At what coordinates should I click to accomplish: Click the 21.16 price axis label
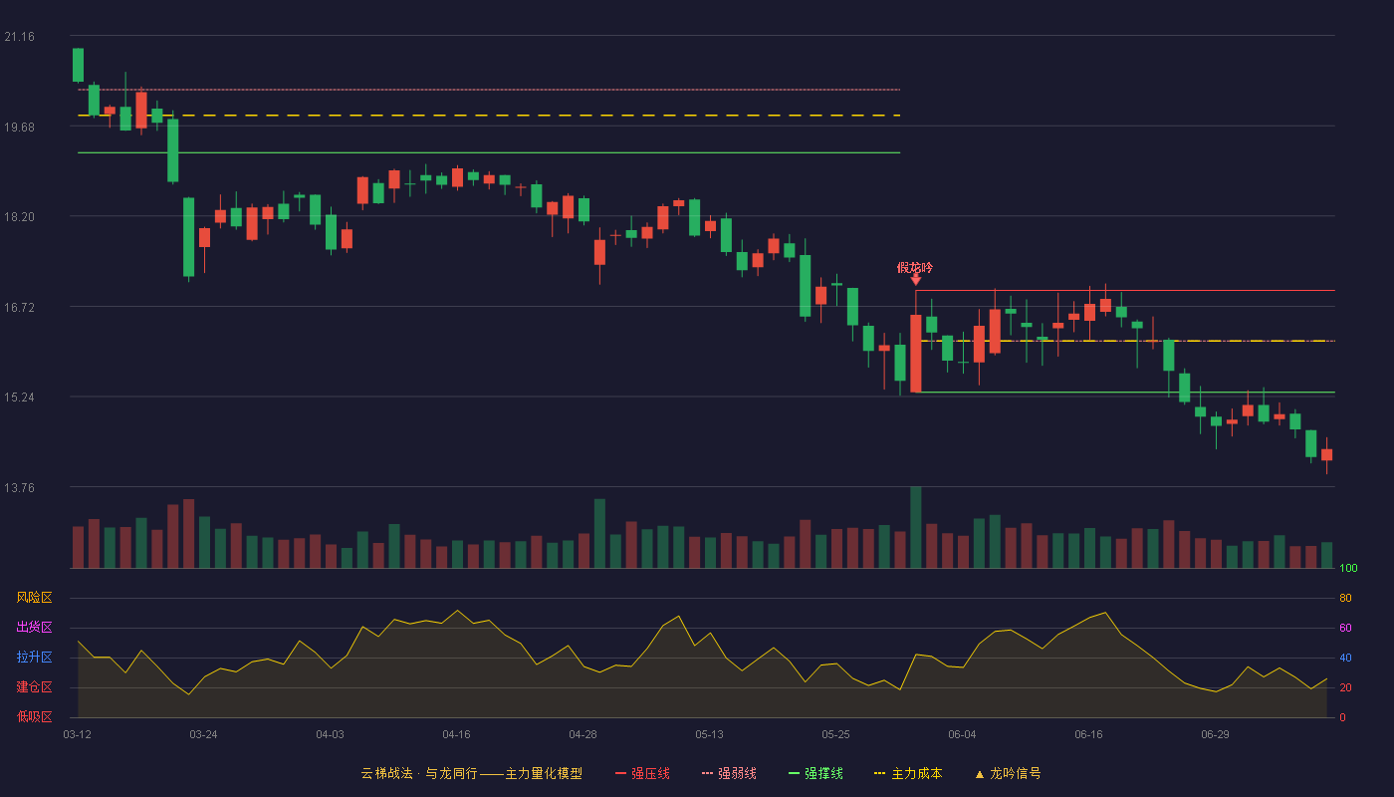click(19, 37)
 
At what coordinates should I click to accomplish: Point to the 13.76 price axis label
click(19, 487)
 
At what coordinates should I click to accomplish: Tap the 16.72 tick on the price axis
click(19, 308)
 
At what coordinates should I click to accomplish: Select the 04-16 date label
click(456, 735)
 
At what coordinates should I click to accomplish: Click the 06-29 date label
click(1216, 735)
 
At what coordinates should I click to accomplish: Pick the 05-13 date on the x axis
click(709, 735)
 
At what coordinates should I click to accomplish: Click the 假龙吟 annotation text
click(915, 268)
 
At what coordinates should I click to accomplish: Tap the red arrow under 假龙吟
click(915, 280)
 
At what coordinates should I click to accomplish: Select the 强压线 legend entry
click(642, 773)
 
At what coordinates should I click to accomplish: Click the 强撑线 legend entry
click(815, 773)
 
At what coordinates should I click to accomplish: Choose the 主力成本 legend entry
click(908, 773)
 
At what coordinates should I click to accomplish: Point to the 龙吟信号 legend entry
click(1008, 773)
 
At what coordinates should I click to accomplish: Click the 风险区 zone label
click(34, 598)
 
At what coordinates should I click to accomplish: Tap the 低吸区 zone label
click(34, 717)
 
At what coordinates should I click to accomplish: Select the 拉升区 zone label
click(34, 658)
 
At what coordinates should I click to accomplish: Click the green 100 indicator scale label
click(1348, 568)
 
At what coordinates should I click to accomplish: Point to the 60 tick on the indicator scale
click(1345, 628)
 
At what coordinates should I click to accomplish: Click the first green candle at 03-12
click(78, 65)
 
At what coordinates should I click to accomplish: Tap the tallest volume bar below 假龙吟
click(915, 527)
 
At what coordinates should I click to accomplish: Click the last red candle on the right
click(1326, 455)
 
